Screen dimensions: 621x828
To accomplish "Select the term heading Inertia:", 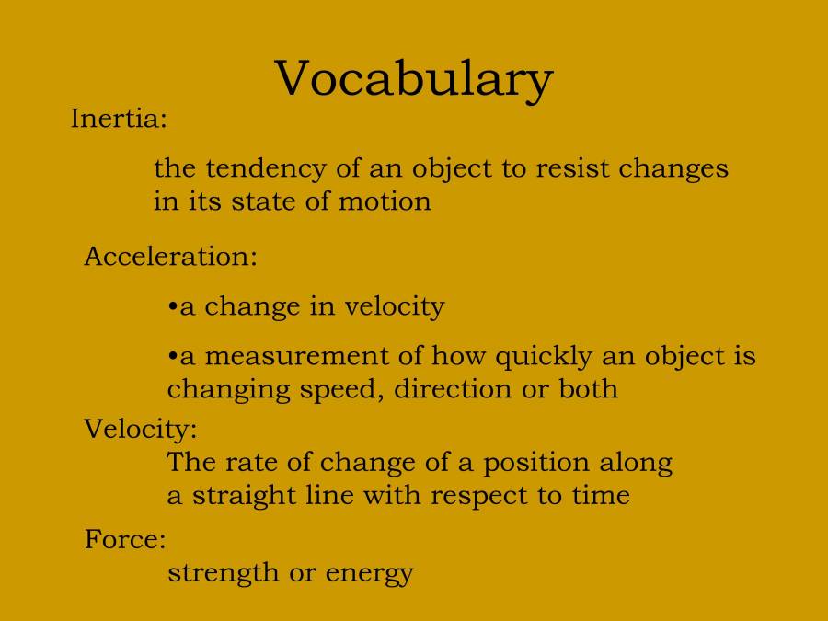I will tap(119, 120).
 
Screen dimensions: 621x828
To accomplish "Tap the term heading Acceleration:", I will tap(170, 256).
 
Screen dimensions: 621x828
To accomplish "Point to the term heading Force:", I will tap(125, 539).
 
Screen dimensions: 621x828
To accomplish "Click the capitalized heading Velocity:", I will tap(140, 429).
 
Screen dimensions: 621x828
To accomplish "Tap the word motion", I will tap(385, 201).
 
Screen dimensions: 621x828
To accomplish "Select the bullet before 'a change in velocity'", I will tap(173, 307).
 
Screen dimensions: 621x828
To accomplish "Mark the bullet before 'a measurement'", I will tap(173, 357).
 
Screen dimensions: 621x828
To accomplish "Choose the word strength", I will tap(222, 574).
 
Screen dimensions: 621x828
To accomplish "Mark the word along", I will tap(636, 462).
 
